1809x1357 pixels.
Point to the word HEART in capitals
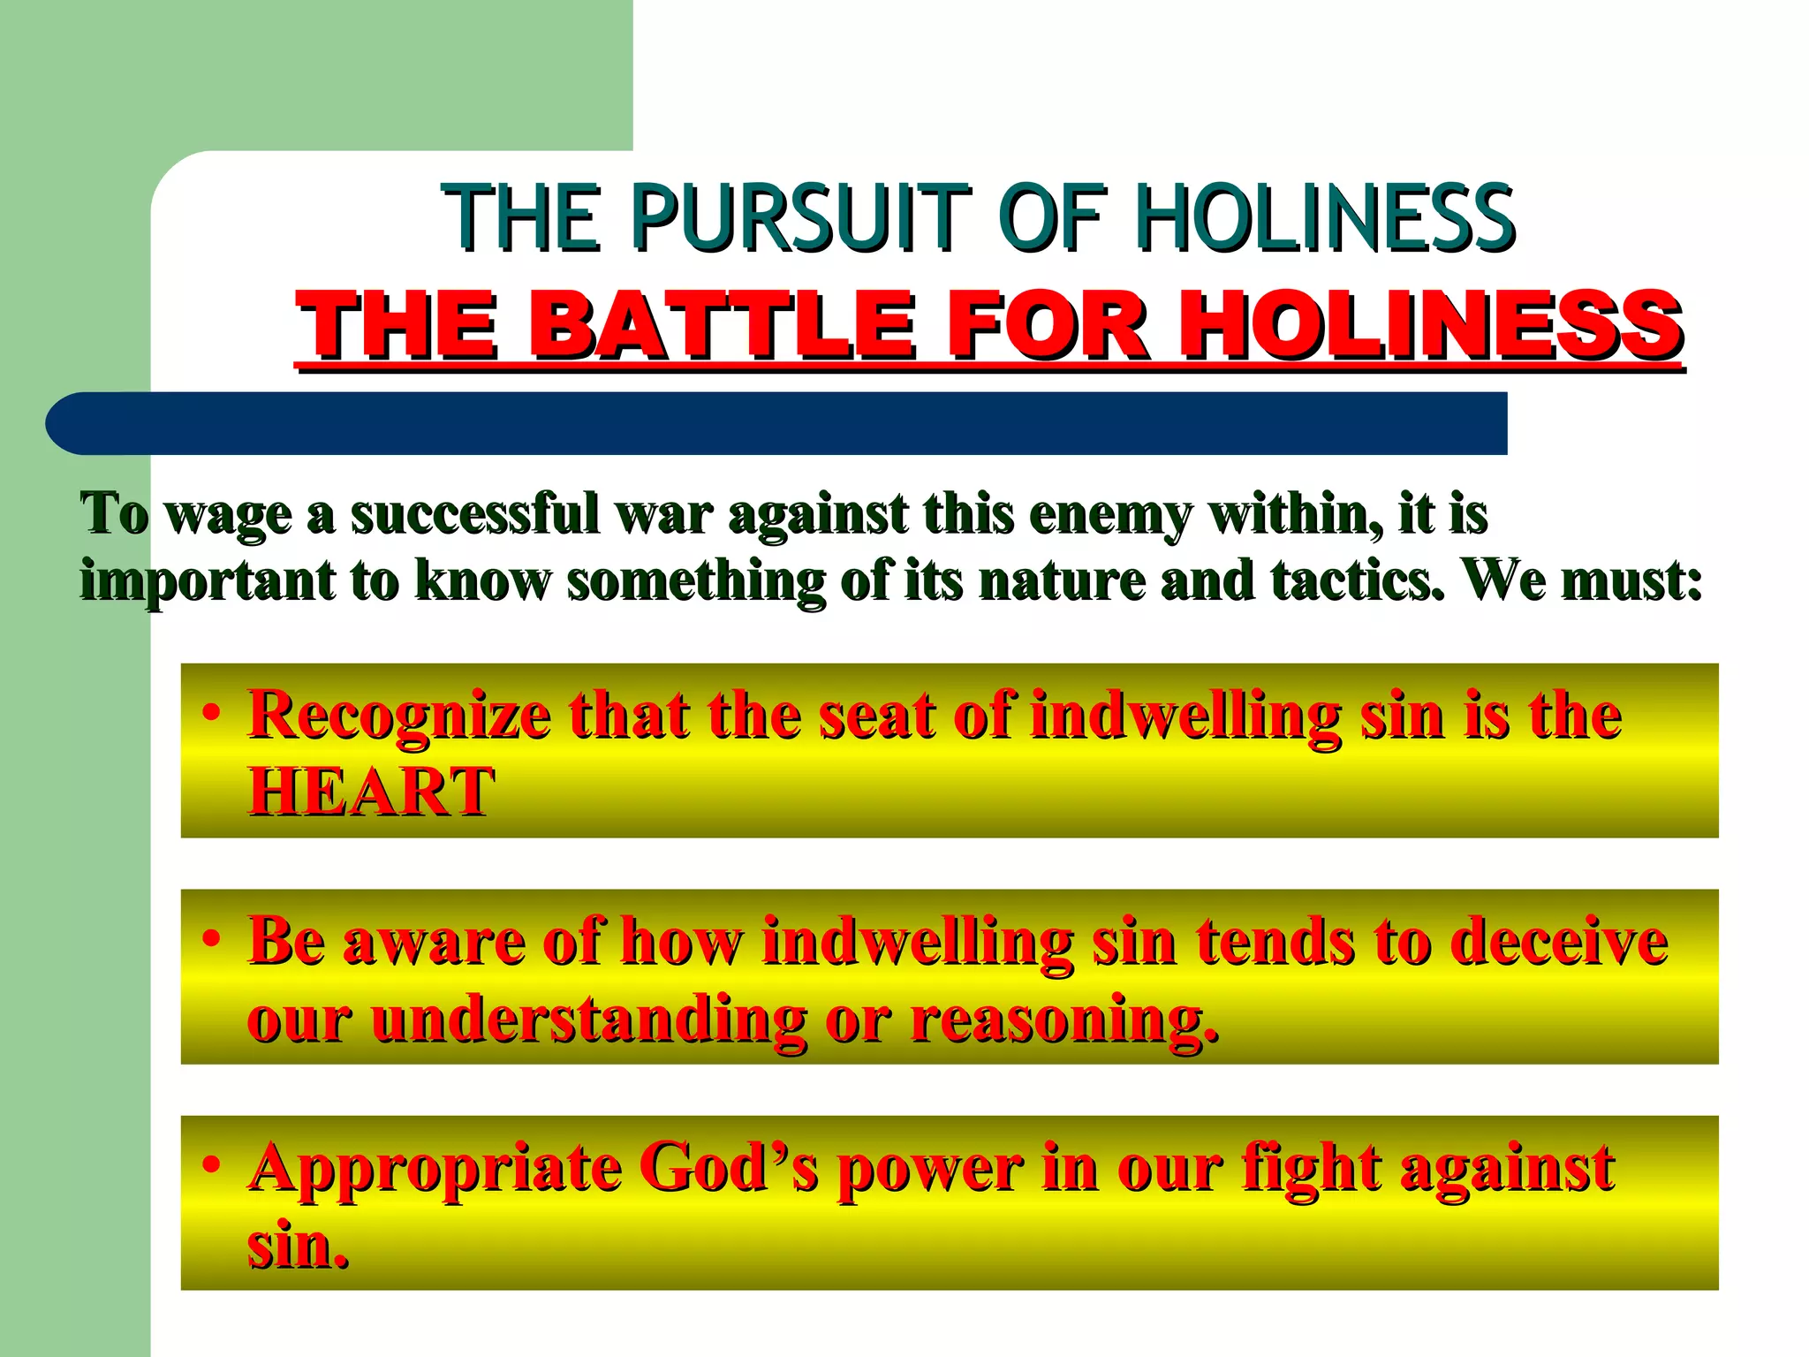370,792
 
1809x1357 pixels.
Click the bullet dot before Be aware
210,939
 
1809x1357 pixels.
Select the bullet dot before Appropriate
210,1165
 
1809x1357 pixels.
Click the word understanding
588,1019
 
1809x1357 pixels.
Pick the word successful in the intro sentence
475,513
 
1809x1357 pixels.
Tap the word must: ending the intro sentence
1631,580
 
